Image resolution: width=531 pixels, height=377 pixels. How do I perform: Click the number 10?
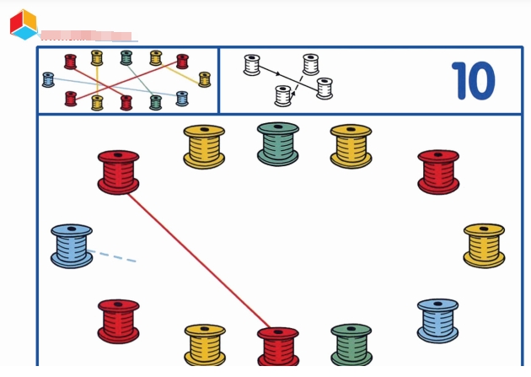click(x=473, y=81)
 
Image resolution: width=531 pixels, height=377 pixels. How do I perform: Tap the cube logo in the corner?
click(x=24, y=24)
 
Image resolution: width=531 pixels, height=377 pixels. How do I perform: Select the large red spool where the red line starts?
click(x=118, y=172)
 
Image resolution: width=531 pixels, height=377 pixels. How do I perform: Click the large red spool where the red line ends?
click(x=278, y=347)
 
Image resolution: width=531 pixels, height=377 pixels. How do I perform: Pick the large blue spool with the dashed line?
click(x=72, y=245)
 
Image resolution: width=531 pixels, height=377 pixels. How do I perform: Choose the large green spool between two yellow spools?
click(x=278, y=143)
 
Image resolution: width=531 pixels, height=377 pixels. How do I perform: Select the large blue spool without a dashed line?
click(x=438, y=320)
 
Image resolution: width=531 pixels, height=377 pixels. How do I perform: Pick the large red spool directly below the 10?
click(x=438, y=172)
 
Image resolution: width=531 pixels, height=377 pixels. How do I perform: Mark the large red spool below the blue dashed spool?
click(x=118, y=320)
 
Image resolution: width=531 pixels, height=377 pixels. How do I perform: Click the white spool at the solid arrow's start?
click(x=252, y=65)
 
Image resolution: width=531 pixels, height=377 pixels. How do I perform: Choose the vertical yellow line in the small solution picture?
click(x=97, y=80)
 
